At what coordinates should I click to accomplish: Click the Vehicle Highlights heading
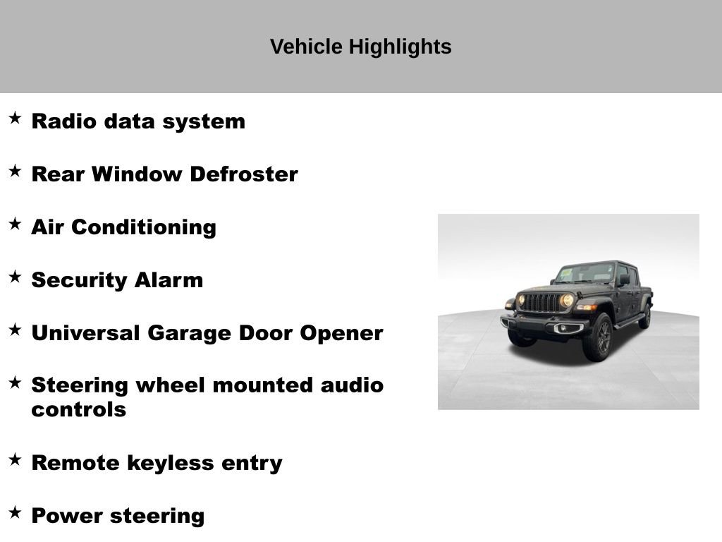pyautogui.click(x=360, y=47)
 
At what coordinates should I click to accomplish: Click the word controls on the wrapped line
pyautogui.click(x=78, y=409)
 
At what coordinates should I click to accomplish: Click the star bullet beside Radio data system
pyautogui.click(x=15, y=118)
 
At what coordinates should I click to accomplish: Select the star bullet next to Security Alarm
pyautogui.click(x=15, y=277)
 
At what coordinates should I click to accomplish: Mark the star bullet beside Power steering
pyautogui.click(x=15, y=512)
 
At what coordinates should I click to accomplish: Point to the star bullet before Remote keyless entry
pyautogui.click(x=15, y=459)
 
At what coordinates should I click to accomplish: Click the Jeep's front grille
pyautogui.click(x=543, y=302)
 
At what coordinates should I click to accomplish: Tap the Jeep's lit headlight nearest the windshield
pyautogui.click(x=567, y=301)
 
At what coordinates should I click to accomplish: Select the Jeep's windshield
pyautogui.click(x=585, y=273)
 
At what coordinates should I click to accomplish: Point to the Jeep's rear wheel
pyautogui.click(x=644, y=317)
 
